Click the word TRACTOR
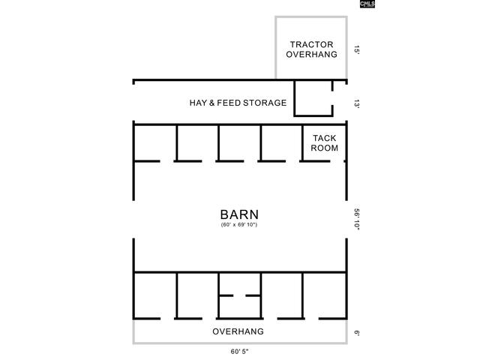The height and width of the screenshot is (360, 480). [x=312, y=45]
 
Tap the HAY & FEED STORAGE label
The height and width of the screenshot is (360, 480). [x=238, y=103]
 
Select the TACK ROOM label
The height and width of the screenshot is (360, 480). [x=325, y=143]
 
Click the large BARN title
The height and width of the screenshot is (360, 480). [x=239, y=214]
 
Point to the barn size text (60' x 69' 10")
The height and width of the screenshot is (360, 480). [x=239, y=225]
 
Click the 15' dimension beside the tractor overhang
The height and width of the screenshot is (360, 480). [x=357, y=49]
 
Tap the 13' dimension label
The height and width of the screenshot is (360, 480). [x=357, y=103]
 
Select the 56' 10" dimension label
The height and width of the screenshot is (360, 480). [x=357, y=219]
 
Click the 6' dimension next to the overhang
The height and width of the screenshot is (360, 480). [x=357, y=332]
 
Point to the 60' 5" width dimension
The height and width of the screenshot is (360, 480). [x=239, y=352]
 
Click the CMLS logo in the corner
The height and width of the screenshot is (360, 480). [x=367, y=4]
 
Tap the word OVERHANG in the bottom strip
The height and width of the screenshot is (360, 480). [x=238, y=331]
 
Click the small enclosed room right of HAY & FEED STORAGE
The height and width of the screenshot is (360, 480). [x=313, y=98]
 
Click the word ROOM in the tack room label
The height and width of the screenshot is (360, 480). [x=325, y=148]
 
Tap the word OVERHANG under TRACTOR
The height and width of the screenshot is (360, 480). [x=312, y=55]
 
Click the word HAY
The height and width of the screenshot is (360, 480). [x=198, y=103]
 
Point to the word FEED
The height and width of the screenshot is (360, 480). [x=228, y=103]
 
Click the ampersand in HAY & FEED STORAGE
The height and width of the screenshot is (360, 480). [x=211, y=103]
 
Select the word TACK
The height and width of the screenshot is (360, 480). [x=325, y=138]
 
